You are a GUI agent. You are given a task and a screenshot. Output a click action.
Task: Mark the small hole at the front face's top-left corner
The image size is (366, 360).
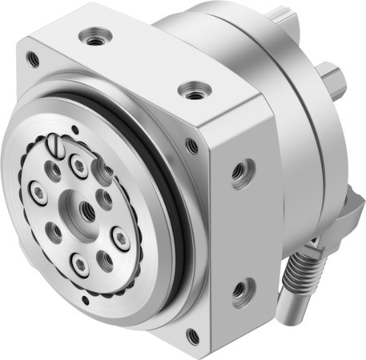point(32,58)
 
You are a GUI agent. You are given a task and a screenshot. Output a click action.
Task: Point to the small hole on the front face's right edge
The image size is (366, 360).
point(192,146)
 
